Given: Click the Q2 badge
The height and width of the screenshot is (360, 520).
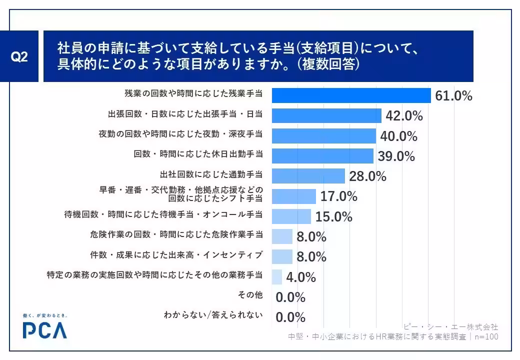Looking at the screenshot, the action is pyautogui.click(x=19, y=56).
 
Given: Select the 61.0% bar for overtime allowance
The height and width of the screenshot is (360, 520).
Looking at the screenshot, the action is pyautogui.click(x=351, y=95).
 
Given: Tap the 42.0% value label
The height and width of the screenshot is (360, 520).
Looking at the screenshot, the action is pyautogui.click(x=404, y=115).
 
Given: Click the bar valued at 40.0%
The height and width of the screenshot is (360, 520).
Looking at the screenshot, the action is pyautogui.click(x=324, y=136).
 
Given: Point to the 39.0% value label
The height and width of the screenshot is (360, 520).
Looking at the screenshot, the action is pyautogui.click(x=396, y=156).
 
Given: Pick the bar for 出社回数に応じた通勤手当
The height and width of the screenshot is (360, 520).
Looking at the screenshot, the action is pyautogui.click(x=308, y=176).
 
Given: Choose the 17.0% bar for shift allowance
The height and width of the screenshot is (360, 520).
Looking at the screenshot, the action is pyautogui.click(x=294, y=196).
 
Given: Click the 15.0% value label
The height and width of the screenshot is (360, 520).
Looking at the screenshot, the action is pyautogui.click(x=333, y=217).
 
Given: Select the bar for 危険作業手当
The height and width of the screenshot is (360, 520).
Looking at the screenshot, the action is pyautogui.click(x=282, y=236).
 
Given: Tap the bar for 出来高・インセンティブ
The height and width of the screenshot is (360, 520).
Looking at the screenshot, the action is pyautogui.click(x=282, y=256).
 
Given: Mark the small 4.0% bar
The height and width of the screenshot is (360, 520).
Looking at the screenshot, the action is pyautogui.click(x=277, y=277).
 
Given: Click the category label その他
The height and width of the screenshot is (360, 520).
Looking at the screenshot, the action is pyautogui.click(x=250, y=294).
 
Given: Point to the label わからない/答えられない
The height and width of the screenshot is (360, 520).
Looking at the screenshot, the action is pyautogui.click(x=213, y=315).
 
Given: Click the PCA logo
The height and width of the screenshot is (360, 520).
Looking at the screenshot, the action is pyautogui.click(x=45, y=326).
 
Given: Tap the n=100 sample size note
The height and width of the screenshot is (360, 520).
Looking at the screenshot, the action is pyautogui.click(x=486, y=337).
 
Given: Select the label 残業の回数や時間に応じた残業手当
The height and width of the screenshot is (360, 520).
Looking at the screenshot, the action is pyautogui.click(x=193, y=93).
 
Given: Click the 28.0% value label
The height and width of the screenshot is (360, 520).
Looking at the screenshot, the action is pyautogui.click(x=368, y=176).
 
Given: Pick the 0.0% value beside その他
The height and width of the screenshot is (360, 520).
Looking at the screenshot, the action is pyautogui.click(x=290, y=297).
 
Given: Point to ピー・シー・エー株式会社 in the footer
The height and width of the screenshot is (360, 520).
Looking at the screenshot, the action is pyautogui.click(x=451, y=327).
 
